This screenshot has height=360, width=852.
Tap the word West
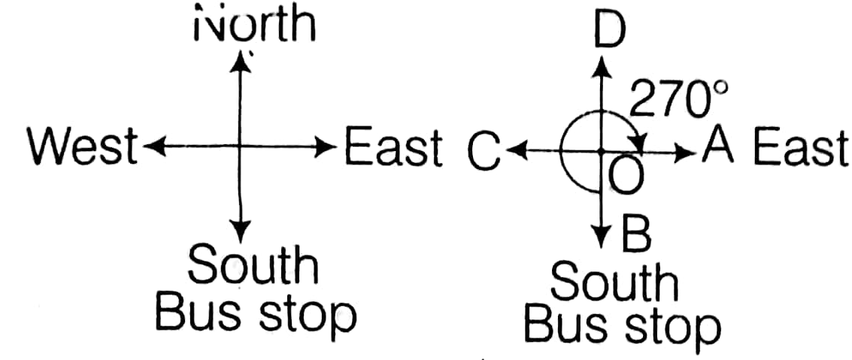82,147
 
